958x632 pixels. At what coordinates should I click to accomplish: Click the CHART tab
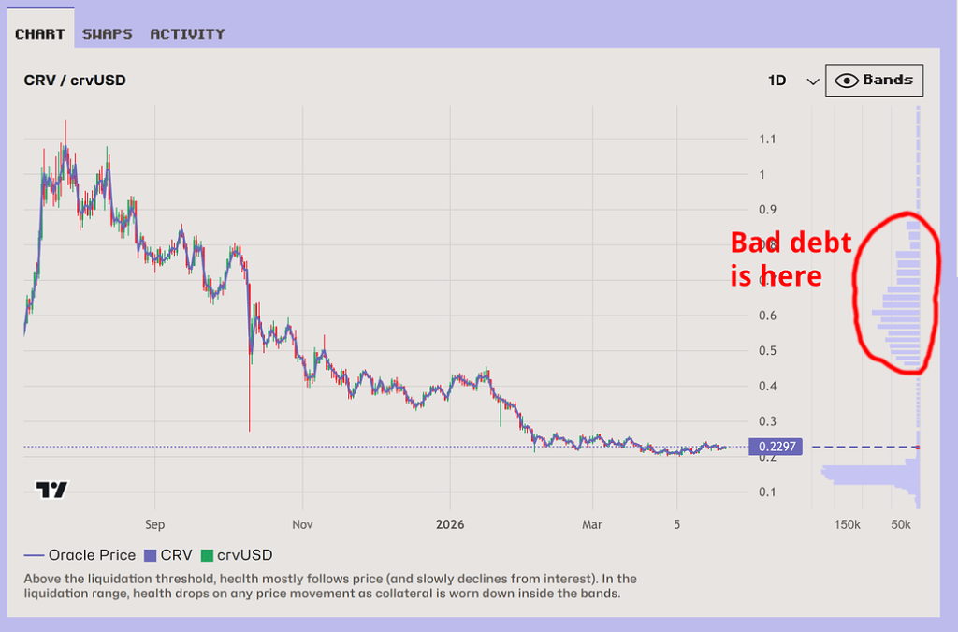point(39,35)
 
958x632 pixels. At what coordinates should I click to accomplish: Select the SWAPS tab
point(107,35)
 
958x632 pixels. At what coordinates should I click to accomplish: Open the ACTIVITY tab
point(187,35)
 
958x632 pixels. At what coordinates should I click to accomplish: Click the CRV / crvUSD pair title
point(75,81)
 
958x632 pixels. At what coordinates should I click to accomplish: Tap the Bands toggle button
point(875,81)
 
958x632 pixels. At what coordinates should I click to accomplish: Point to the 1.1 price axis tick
point(767,140)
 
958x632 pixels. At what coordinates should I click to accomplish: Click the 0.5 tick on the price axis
point(767,351)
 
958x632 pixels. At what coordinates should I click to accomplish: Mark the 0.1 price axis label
point(767,492)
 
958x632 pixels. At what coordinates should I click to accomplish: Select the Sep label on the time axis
point(155,525)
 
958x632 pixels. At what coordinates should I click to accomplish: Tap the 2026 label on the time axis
point(450,525)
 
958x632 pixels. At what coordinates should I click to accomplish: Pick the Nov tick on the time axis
point(301,525)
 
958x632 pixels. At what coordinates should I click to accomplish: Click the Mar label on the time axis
point(591,525)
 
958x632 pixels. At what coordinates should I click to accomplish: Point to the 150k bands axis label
point(847,525)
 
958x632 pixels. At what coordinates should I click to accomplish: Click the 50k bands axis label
point(900,525)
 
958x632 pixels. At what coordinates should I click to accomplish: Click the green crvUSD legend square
point(208,555)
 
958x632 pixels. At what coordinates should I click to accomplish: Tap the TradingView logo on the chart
point(51,490)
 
